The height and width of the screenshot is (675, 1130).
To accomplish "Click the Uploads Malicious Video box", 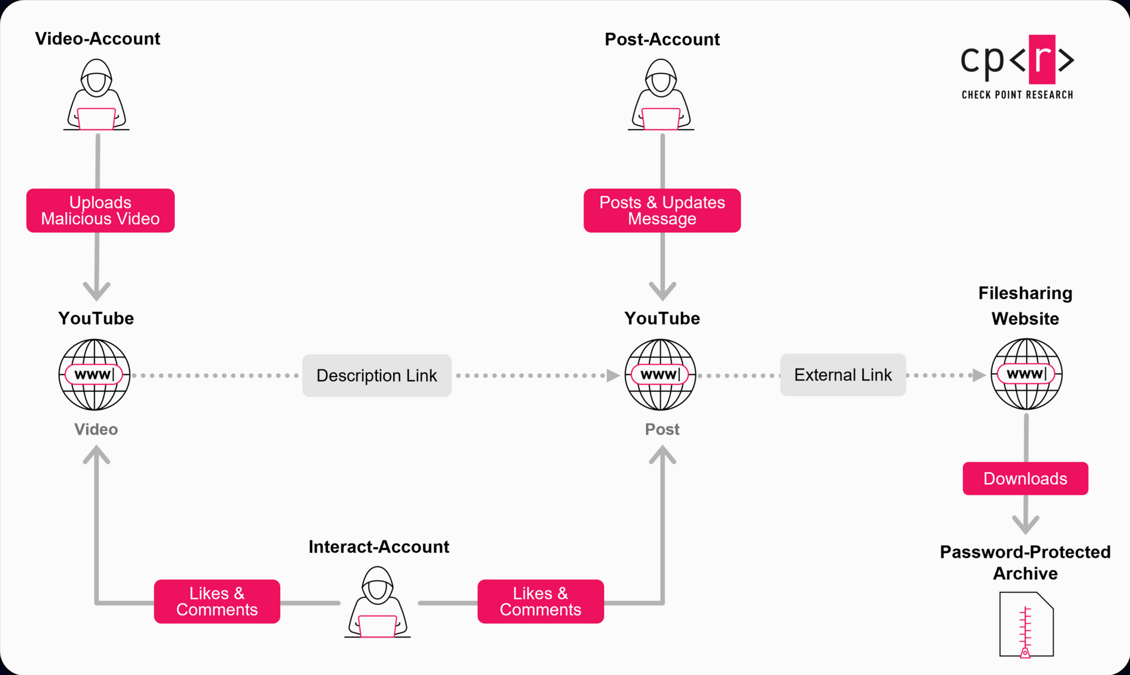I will tap(101, 210).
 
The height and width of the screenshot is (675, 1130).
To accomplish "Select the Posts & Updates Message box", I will tap(662, 210).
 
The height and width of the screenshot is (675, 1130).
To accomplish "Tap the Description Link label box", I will tap(376, 376).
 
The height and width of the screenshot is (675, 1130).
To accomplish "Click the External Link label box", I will tap(843, 375).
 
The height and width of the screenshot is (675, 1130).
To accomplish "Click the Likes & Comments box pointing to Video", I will tap(217, 601).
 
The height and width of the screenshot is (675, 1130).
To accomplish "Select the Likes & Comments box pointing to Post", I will tap(541, 601).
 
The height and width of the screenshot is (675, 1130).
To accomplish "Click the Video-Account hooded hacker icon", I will tap(96, 95).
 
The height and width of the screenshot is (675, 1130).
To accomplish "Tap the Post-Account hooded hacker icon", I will tap(661, 95).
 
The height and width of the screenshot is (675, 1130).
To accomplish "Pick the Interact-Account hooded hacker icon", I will tap(378, 603).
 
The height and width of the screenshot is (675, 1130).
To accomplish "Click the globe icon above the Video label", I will tap(95, 374).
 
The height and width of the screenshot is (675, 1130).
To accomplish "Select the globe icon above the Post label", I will tap(660, 374).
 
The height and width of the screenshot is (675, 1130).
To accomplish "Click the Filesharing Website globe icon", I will tap(1027, 374).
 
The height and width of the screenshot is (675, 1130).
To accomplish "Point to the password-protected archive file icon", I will tap(1026, 624).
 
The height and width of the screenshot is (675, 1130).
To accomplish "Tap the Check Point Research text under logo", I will tap(1017, 95).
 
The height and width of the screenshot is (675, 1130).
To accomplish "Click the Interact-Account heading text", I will tap(379, 547).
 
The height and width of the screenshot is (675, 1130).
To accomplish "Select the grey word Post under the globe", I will tap(662, 429).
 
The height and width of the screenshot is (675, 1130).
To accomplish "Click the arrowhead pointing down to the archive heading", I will tap(1026, 524).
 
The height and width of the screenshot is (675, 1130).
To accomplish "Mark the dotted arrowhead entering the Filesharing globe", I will tap(979, 375).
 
